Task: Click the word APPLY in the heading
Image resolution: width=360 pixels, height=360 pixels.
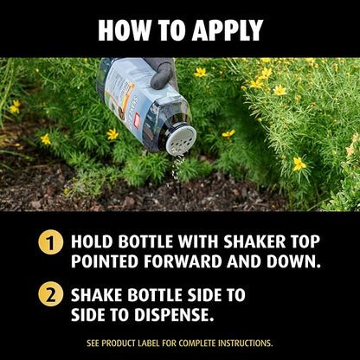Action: tap(228, 30)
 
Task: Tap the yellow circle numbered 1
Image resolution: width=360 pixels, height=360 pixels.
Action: tap(50, 241)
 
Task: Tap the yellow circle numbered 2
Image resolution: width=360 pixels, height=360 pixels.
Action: tap(50, 293)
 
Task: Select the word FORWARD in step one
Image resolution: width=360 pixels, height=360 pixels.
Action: tap(183, 261)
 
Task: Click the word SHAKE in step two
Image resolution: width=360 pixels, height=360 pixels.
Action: tap(98, 295)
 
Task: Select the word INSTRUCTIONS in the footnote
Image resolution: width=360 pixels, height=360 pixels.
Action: tap(245, 344)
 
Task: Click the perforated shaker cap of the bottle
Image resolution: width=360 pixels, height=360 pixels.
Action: tap(182, 140)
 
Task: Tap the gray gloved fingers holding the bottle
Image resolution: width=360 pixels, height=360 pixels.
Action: tap(163, 74)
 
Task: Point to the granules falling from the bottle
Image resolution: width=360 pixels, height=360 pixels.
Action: tap(177, 166)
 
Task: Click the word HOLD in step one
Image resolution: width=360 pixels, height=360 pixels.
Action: tap(93, 241)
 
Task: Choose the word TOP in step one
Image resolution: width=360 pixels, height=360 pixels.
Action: tap(306, 241)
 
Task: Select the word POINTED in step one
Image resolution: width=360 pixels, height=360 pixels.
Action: tap(105, 261)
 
